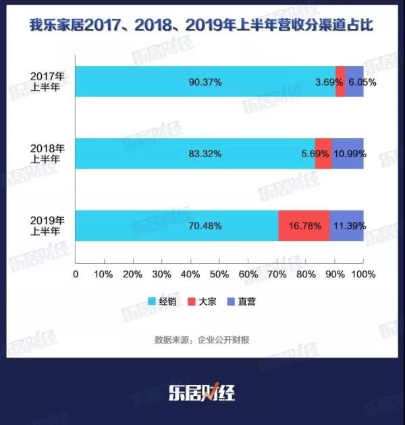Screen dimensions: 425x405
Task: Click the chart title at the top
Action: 202,26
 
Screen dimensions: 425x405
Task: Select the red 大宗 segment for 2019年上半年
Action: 304,225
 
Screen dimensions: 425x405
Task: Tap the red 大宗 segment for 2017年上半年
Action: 340,82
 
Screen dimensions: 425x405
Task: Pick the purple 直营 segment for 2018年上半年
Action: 348,154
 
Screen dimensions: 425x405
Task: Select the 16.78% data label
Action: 304,225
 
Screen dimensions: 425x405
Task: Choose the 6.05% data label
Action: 364,82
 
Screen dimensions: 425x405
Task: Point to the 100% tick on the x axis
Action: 363,275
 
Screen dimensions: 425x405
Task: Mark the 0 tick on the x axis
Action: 76,275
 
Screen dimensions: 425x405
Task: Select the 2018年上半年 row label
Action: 48,154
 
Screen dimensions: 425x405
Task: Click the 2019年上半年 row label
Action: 48,225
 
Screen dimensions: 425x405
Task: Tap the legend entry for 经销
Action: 162,302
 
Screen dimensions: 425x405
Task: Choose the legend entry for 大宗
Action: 207,302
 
